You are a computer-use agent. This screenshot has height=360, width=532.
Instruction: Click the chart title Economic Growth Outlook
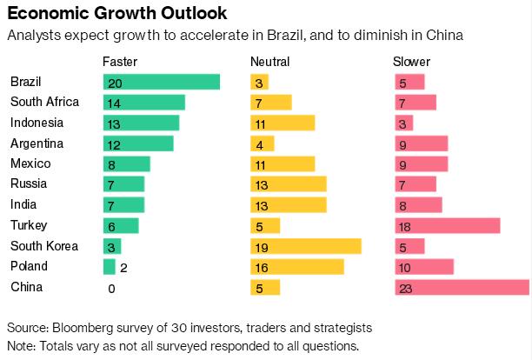tap(118, 14)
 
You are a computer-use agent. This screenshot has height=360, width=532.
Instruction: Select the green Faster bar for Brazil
tap(161, 82)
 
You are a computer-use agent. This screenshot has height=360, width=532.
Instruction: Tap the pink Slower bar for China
tap(462, 288)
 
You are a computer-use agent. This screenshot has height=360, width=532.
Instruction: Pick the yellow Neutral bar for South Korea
tap(305, 246)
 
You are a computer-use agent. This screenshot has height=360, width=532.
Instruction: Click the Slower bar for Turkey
tap(447, 226)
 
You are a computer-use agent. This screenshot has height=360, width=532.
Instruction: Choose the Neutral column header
tap(269, 62)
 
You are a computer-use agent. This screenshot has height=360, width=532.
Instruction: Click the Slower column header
tap(412, 62)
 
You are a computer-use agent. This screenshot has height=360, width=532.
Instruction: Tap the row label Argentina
tap(37, 143)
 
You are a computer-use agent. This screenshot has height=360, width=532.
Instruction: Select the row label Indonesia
tap(37, 123)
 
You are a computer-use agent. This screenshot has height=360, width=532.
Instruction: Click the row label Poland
tap(29, 267)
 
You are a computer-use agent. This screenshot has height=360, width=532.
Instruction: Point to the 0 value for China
tap(111, 288)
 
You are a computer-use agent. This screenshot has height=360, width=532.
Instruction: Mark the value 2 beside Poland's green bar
tap(123, 267)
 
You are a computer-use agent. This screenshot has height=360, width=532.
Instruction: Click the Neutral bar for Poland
tap(296, 267)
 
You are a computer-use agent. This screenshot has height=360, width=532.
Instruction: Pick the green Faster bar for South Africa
tap(143, 103)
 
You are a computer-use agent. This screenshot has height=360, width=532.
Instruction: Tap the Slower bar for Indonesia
tap(403, 123)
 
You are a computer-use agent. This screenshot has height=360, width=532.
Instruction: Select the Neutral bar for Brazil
tap(259, 82)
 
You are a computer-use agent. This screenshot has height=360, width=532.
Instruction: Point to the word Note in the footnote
tap(21, 345)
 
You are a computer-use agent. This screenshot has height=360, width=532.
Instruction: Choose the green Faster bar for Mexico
tap(126, 164)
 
